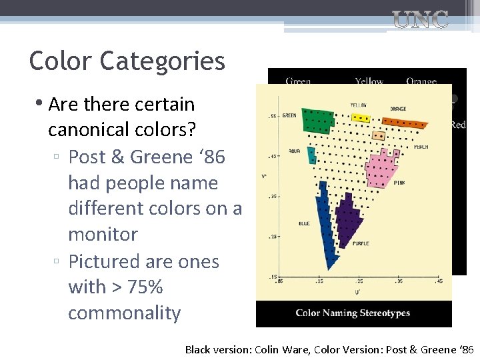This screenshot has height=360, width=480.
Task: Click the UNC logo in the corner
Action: click(x=421, y=20)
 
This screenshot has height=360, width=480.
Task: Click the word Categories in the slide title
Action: click(x=163, y=61)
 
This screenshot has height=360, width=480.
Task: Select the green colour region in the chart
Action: click(x=317, y=121)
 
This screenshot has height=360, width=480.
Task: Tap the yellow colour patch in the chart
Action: click(x=361, y=118)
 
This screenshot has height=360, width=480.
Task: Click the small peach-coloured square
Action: click(x=379, y=135)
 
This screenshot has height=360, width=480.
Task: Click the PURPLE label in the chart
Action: click(x=361, y=244)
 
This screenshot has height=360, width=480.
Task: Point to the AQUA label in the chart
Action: click(x=294, y=151)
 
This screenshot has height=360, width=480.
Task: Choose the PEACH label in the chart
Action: click(x=421, y=147)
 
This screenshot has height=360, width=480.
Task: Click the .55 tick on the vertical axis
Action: click(x=272, y=116)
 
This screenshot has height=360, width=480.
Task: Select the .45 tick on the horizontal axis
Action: click(x=439, y=281)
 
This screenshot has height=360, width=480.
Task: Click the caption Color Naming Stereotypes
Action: click(x=353, y=313)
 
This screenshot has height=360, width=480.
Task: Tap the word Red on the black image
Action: click(x=458, y=125)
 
